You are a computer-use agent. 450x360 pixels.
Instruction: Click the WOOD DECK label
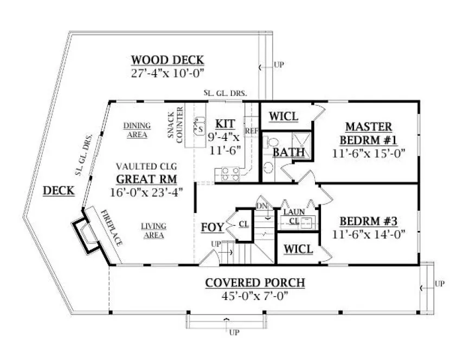[x=167, y=60]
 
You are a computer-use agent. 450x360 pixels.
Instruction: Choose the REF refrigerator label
[x=251, y=131]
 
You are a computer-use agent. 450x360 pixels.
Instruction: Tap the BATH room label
[x=288, y=153]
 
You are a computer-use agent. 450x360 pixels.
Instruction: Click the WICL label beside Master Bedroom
[x=284, y=117]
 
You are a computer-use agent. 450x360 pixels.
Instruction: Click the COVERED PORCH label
[x=255, y=283]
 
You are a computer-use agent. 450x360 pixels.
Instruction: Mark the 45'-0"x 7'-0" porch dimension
[x=255, y=296]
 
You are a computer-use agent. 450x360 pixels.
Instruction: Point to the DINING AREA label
[x=137, y=130]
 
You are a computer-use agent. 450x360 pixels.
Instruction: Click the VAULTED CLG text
[x=146, y=166]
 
